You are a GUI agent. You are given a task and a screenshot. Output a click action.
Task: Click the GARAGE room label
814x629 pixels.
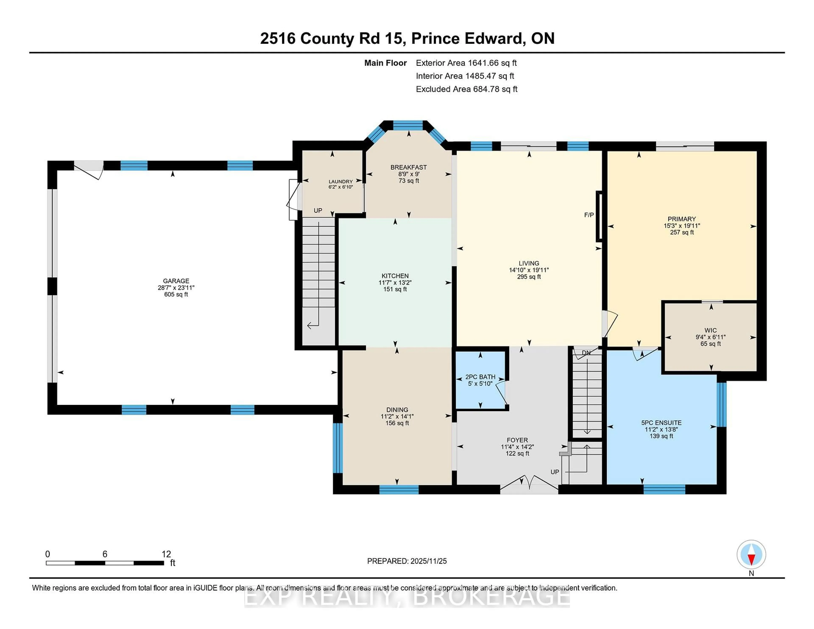click(x=176, y=281)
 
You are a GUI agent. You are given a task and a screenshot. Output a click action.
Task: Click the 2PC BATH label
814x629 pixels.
click(x=480, y=377)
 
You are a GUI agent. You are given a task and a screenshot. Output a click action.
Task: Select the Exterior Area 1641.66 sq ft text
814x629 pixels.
click(x=466, y=63)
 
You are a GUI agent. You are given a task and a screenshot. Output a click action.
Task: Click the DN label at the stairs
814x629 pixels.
click(x=586, y=352)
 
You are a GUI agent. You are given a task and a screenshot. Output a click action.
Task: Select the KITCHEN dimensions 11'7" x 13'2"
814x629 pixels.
click(x=395, y=282)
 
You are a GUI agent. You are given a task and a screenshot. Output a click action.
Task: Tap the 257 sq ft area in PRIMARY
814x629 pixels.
click(x=682, y=232)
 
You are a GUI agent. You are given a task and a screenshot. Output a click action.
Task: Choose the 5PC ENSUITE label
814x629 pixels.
click(x=661, y=423)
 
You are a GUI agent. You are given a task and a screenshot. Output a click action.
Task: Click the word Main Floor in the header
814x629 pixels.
click(x=385, y=63)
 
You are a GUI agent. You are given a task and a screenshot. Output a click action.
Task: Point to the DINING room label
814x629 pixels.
click(x=397, y=409)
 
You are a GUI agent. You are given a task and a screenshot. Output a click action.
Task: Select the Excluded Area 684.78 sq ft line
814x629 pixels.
click(x=466, y=89)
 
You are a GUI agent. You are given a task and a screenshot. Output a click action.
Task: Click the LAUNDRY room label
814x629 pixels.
click(x=341, y=181)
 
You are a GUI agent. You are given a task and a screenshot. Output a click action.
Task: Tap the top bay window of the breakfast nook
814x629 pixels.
click(x=408, y=125)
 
